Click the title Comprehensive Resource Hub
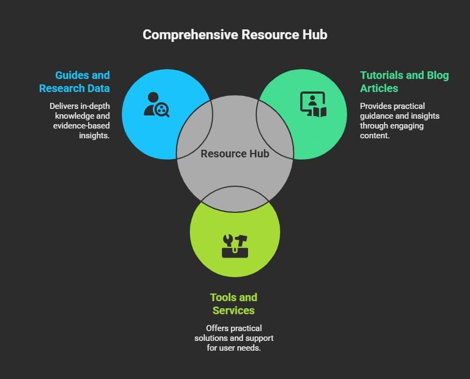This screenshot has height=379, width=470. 235,34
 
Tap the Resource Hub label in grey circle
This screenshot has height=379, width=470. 235,154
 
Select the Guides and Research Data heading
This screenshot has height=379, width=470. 74,82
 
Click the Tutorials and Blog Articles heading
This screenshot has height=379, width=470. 404,82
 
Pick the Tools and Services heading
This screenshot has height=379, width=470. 234,304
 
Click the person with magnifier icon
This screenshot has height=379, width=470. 157,105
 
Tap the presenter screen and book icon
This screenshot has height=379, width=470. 313,105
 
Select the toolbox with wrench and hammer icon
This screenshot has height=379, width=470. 235,246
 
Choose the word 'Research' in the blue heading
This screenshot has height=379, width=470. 62,88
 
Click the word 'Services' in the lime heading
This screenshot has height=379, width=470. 234,310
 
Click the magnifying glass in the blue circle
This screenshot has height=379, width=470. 162,111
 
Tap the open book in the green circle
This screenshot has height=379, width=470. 319,112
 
